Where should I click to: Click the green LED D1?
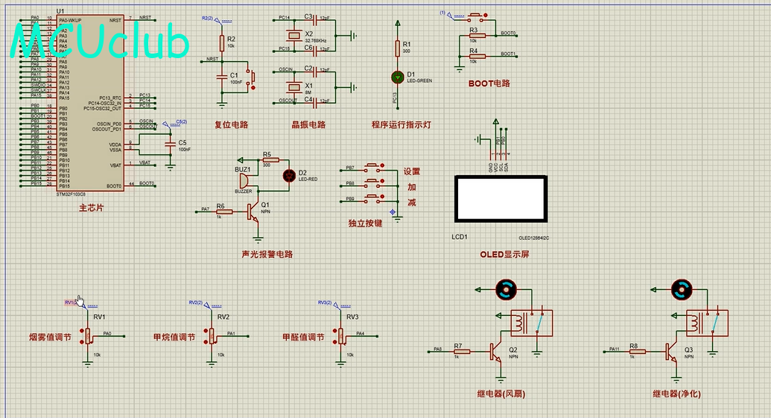(x=396, y=76)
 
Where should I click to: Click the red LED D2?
(x=289, y=176)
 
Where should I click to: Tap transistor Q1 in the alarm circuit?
(x=255, y=212)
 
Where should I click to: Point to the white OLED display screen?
(x=501, y=199)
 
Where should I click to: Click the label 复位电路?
(x=231, y=124)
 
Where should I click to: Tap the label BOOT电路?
(x=489, y=83)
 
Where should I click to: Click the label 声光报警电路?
(x=267, y=254)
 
